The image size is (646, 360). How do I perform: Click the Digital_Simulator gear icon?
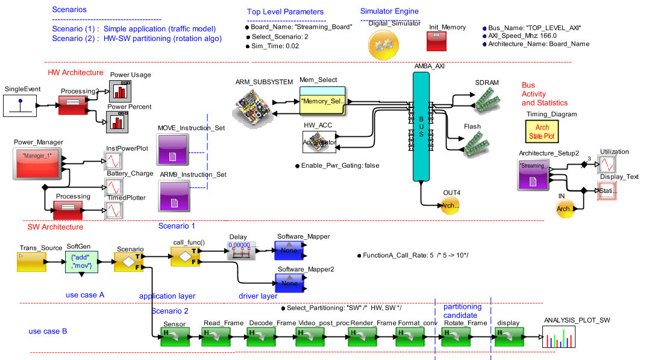click(x=384, y=44)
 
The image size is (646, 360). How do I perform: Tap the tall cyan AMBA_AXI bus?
click(x=422, y=126)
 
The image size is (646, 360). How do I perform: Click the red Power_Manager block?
click(x=37, y=162)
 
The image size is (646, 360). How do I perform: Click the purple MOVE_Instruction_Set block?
click(x=173, y=150)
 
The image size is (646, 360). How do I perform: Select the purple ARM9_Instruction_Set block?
click(x=173, y=196)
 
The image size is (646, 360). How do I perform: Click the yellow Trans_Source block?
click(x=32, y=262)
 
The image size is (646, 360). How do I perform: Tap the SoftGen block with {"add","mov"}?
click(x=81, y=263)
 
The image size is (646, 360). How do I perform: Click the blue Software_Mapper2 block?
click(x=290, y=282)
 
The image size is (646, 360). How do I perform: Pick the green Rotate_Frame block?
click(x=456, y=337)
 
